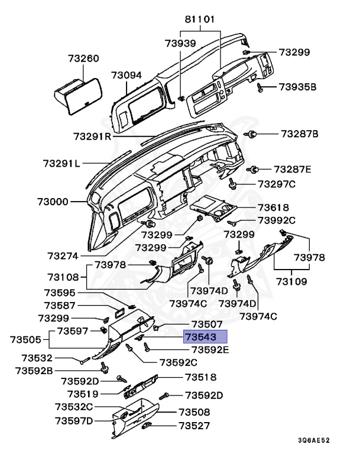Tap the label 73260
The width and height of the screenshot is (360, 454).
click(x=83, y=59)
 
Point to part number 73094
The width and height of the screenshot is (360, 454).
click(x=127, y=75)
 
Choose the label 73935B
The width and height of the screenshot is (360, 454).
click(x=298, y=87)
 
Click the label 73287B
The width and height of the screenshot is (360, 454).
click(x=299, y=134)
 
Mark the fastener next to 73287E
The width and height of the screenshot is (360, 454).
click(x=255, y=170)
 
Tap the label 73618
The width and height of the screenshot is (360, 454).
click(x=273, y=207)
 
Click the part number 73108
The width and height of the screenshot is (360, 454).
click(x=63, y=277)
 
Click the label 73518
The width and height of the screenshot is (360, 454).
click(x=200, y=377)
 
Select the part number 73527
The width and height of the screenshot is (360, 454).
click(x=195, y=425)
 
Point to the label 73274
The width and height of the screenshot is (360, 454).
click(x=64, y=256)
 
